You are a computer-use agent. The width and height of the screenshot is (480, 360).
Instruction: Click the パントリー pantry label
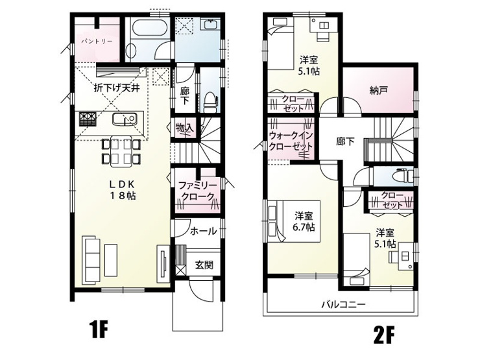click(x=97, y=41)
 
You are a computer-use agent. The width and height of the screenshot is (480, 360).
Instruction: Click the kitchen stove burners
click(x=88, y=119)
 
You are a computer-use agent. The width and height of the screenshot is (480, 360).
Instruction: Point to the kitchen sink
click(x=124, y=119)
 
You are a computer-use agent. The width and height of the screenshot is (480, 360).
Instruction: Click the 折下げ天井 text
click(x=117, y=88)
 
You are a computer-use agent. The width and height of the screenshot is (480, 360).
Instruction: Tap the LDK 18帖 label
click(x=123, y=189)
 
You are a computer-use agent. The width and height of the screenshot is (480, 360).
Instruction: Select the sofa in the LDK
click(x=91, y=261)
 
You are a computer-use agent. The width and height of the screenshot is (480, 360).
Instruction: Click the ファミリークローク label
click(x=197, y=191)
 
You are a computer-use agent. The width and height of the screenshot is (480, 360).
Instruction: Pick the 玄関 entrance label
click(x=204, y=265)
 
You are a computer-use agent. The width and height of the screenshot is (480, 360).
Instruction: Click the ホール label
click(x=203, y=231)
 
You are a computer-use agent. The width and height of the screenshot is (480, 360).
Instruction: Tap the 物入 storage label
click(x=186, y=128)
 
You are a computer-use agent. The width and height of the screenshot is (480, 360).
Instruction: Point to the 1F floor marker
click(x=100, y=329)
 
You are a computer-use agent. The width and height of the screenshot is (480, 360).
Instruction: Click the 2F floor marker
click(x=384, y=335)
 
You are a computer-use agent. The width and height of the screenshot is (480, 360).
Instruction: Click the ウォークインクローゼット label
click(x=291, y=141)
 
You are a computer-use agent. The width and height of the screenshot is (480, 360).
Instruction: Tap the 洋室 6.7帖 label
click(x=305, y=222)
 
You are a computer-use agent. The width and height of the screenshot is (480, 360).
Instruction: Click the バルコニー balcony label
click(x=343, y=305)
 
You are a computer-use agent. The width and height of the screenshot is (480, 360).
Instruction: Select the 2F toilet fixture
click(x=404, y=175)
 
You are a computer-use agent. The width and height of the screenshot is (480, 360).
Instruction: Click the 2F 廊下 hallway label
click(x=345, y=141)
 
